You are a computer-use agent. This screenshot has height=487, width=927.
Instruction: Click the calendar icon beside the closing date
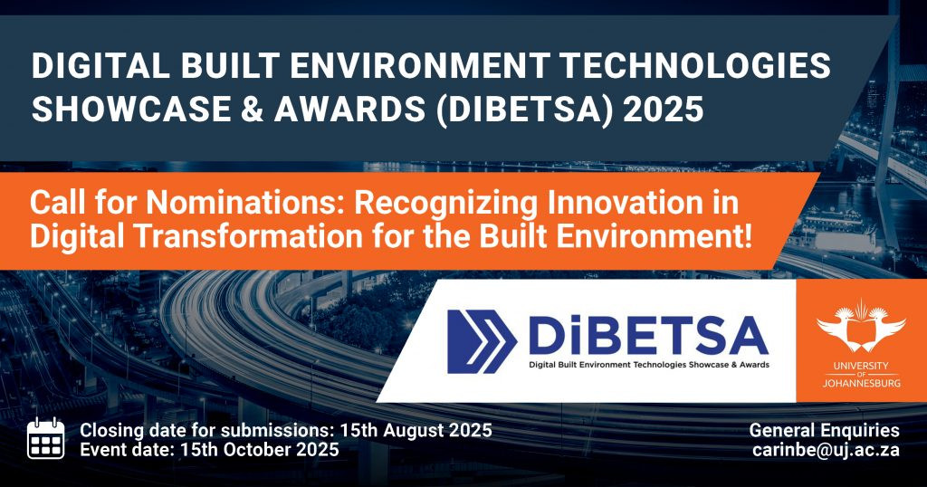(45, 438)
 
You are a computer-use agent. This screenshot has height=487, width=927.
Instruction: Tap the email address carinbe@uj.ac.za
(826, 450)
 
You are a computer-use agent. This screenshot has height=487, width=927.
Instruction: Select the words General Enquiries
(824, 430)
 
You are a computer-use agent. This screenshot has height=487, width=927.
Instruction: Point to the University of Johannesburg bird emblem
(861, 326)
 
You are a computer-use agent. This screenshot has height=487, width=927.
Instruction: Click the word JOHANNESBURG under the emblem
(862, 383)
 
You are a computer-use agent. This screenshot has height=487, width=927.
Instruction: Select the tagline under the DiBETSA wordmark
(649, 365)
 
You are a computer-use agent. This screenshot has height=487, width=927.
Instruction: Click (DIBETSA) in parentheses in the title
(523, 110)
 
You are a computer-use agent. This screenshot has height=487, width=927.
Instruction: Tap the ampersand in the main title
(252, 110)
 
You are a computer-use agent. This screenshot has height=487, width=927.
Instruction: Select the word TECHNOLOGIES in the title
(694, 66)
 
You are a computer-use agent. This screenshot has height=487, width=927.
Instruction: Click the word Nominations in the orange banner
(245, 203)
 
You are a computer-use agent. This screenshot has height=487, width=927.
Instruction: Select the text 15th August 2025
(416, 430)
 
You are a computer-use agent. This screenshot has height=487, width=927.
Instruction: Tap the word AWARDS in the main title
(349, 110)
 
